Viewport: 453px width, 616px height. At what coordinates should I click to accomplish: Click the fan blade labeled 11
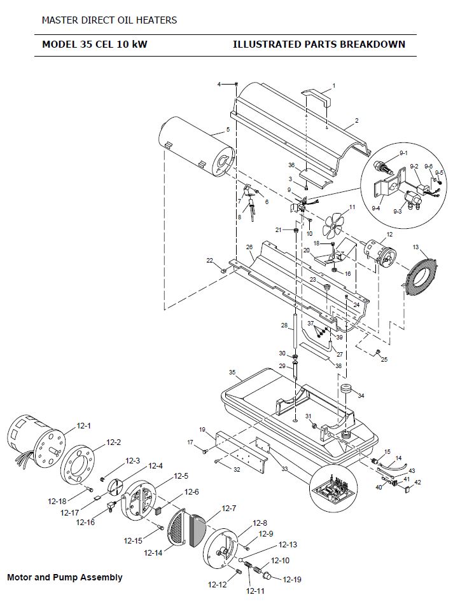coord(333,224)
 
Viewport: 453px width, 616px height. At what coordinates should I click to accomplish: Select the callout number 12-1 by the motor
coord(83,425)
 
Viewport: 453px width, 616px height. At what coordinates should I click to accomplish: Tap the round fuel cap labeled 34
coord(346,388)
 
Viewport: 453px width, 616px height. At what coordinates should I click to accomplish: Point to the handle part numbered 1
coord(317,97)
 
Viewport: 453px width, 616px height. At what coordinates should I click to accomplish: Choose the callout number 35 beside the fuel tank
coord(232,372)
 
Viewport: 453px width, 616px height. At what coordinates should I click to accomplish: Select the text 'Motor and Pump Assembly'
coord(65,577)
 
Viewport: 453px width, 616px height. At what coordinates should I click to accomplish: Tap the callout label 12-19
coord(292,580)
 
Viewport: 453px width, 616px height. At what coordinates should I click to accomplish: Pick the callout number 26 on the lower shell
coord(249,247)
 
